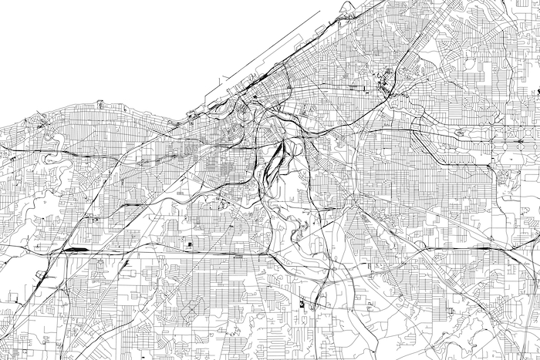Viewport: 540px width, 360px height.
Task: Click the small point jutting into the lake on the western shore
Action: tap(100, 102)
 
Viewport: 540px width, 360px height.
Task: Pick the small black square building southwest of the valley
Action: tap(189, 245)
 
